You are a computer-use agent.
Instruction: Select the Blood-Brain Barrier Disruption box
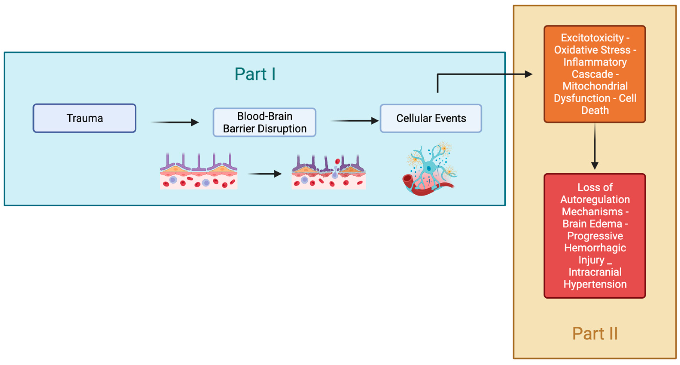point(264,122)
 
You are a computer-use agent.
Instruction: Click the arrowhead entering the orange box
point(528,74)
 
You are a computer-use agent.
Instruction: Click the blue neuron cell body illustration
point(429,168)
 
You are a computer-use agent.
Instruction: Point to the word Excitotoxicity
point(592,38)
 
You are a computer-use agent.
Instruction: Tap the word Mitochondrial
point(595,86)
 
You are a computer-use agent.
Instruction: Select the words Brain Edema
point(592,224)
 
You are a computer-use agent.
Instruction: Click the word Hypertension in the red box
point(595,284)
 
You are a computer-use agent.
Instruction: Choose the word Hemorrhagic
point(595,248)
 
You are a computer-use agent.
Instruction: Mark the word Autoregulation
point(595,199)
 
